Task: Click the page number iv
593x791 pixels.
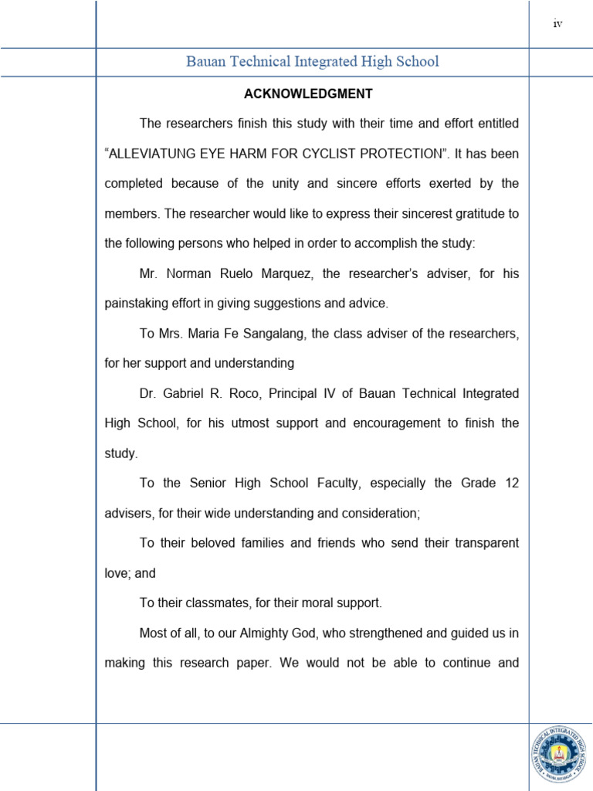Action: click(557, 24)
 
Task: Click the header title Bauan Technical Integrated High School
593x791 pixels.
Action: click(312, 62)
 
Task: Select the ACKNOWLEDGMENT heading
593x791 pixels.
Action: click(308, 94)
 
